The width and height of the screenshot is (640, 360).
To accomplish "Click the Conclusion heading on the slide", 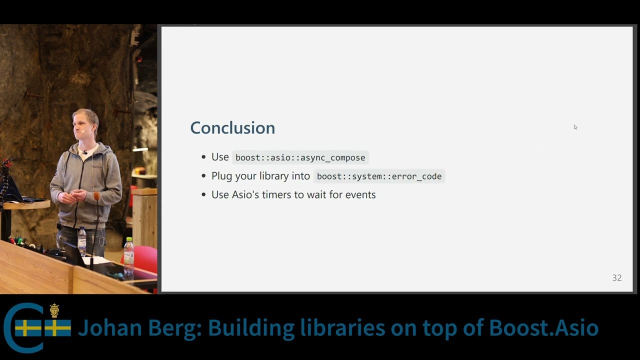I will point(232,128).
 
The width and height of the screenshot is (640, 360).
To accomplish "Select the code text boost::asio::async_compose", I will point(300,157).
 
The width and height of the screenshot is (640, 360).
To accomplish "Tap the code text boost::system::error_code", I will point(379,176).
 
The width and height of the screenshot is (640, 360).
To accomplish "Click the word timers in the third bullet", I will point(276,194).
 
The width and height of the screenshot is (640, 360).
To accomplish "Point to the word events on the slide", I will point(360,194).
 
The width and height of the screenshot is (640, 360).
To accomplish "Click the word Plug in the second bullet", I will point(221,176).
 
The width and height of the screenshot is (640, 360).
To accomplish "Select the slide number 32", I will point(616,278).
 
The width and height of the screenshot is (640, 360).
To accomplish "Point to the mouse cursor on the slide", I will point(575,127).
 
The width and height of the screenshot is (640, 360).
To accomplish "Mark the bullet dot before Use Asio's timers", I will point(203,195).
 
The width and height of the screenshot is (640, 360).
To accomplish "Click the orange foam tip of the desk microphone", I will point(96,196).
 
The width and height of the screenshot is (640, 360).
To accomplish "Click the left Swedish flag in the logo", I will point(28,328).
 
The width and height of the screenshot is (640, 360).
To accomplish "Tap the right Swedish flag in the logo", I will point(58,328).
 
